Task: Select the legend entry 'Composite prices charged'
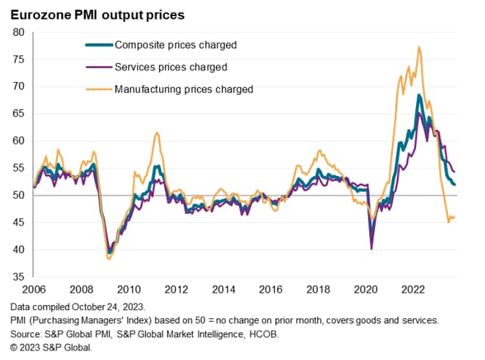click(x=175, y=45)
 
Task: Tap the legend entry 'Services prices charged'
click(x=171, y=67)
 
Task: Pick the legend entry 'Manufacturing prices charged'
click(x=183, y=89)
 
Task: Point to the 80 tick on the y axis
click(x=18, y=32)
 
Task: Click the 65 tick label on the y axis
click(x=18, y=114)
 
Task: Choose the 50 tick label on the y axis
click(x=18, y=195)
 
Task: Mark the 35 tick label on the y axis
click(x=18, y=277)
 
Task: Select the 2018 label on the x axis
click(x=316, y=289)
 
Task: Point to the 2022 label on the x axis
click(x=410, y=289)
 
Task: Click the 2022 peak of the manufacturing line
click(x=418, y=47)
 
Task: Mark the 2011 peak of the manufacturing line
click(x=156, y=133)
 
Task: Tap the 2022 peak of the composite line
click(x=418, y=95)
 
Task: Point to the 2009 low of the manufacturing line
click(x=109, y=258)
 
